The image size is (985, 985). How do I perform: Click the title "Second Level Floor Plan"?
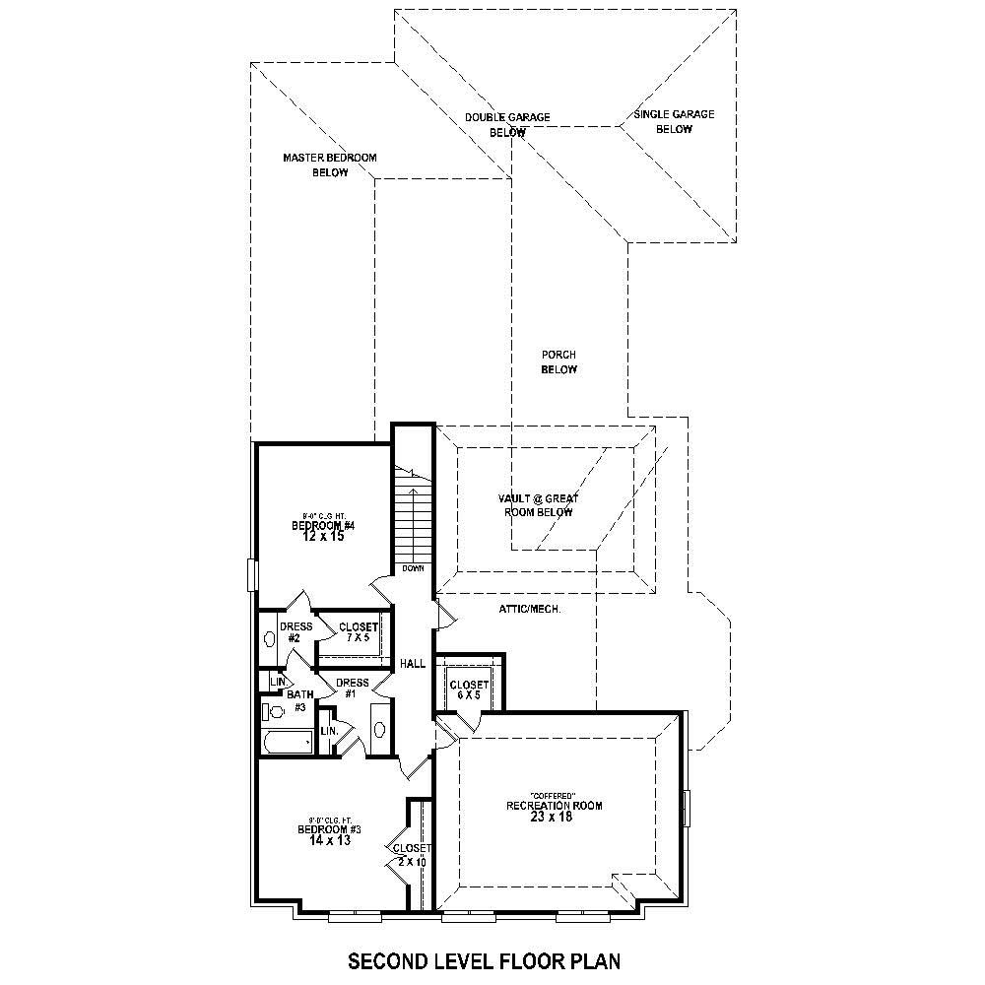pos(485,960)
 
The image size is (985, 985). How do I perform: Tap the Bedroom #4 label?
pos(322,526)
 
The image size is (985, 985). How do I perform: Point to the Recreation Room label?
pos(554,806)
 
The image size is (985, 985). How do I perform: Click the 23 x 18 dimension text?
pos(554,818)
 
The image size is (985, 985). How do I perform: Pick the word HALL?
pos(413,664)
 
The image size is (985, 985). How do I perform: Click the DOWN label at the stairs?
pos(413,569)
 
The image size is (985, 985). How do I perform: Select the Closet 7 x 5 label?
pos(358,632)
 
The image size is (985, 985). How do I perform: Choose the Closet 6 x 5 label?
pos(469,689)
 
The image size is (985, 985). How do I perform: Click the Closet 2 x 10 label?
pos(411,854)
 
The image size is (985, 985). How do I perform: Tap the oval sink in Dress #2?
pos(271,637)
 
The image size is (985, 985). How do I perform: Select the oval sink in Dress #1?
pos(379,729)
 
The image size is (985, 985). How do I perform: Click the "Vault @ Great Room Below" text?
pos(538,505)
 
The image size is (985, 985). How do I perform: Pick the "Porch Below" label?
pos(558,361)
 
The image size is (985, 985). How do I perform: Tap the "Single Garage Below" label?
pos(674,121)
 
